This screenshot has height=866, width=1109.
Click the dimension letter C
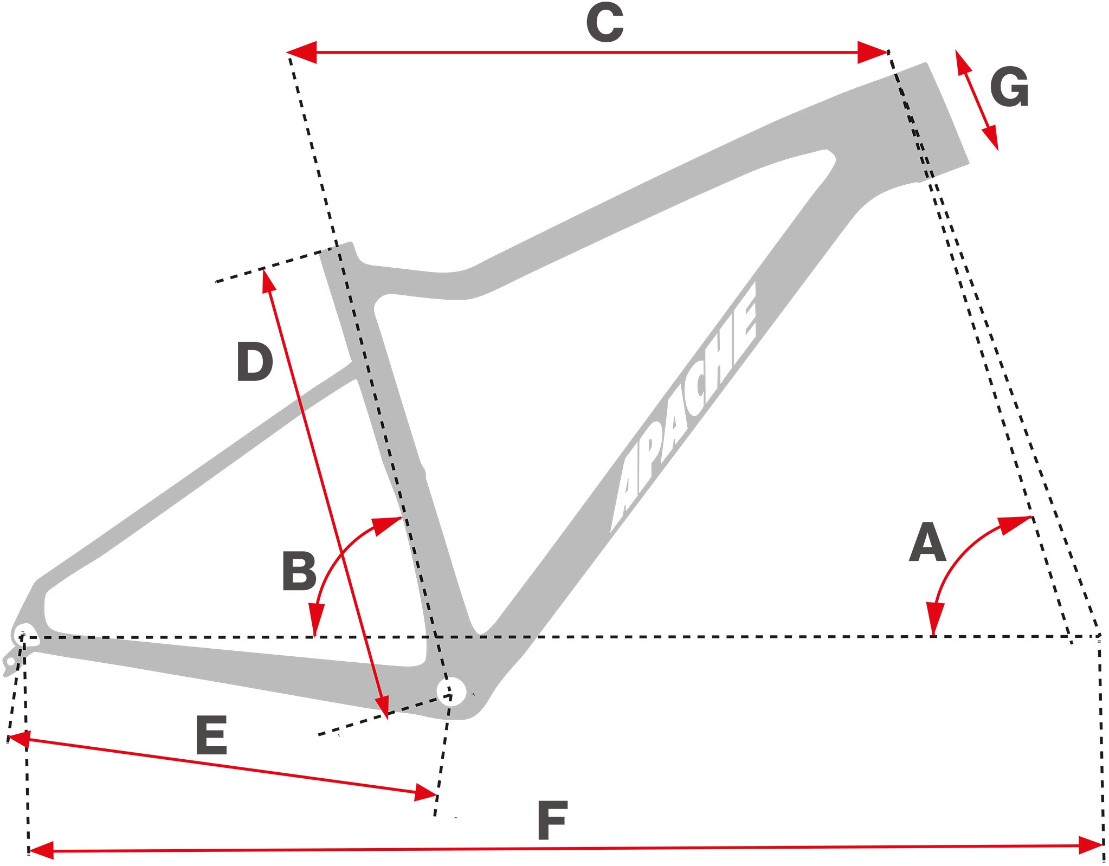pos(605,23)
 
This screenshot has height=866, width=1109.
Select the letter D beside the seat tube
pos(254,361)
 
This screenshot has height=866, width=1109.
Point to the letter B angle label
pos(299,571)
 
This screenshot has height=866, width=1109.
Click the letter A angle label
pos(927,542)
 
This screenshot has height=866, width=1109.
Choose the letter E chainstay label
pos(211,735)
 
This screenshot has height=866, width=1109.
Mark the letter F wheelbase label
pos(552,820)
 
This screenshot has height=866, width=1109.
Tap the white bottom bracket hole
pos(452,691)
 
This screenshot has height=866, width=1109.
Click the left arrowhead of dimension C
pos(301,52)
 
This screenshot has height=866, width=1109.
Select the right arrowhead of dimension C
pos(873,52)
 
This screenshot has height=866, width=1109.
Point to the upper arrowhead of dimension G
pos(963,61)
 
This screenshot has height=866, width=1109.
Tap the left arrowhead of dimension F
pos(41,850)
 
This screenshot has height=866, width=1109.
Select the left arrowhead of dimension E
pos(21,739)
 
